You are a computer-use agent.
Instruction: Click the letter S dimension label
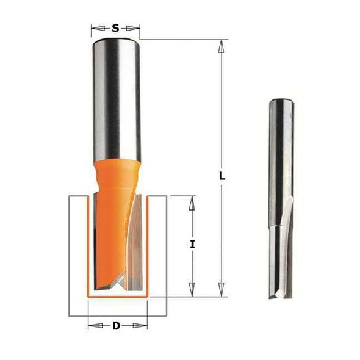(116, 28)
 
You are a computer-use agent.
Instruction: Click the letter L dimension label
(222, 176)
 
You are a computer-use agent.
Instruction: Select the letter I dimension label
(192, 244)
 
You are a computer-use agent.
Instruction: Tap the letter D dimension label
(116, 325)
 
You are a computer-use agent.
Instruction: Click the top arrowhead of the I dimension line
(192, 201)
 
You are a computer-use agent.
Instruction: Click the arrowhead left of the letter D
(92, 325)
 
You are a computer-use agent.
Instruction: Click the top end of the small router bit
(279, 100)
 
